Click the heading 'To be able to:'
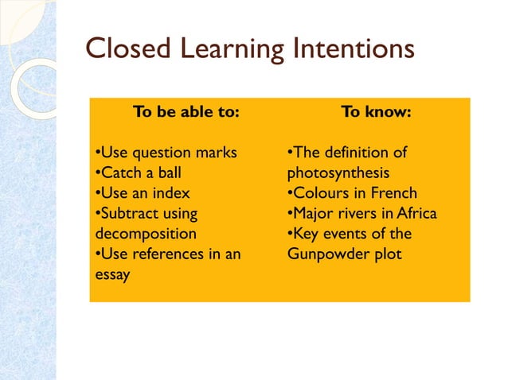pos(186,112)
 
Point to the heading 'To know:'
pos(376,112)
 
